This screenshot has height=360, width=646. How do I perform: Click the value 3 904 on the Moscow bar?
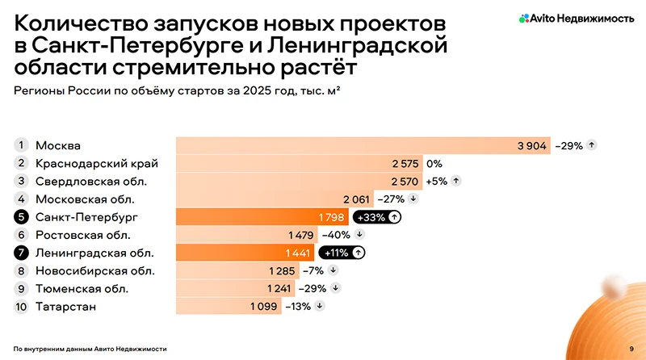pyautogui.click(x=532, y=146)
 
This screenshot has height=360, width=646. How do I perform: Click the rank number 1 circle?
pyautogui.click(x=21, y=145)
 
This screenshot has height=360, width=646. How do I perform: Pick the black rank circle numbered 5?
pyautogui.click(x=21, y=217)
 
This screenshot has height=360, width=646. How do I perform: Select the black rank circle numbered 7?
pyautogui.click(x=21, y=253)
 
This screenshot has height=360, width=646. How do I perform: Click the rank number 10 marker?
pyautogui.click(x=21, y=307)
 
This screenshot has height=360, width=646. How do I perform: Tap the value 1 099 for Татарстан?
pyautogui.click(x=263, y=307)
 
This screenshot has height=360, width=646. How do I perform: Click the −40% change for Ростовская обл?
pyautogui.click(x=334, y=235)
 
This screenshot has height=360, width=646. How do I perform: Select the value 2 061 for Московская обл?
pyautogui.click(x=356, y=199)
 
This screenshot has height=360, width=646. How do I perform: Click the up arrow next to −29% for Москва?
pyautogui.click(x=592, y=146)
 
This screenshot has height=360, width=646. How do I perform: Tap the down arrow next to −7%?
pyautogui.click(x=333, y=270)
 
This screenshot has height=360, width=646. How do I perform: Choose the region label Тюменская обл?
pyautogui.click(x=82, y=288)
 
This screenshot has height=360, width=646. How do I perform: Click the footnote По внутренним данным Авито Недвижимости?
pyautogui.click(x=90, y=348)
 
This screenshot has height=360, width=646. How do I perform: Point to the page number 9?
pyautogui.click(x=631, y=348)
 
